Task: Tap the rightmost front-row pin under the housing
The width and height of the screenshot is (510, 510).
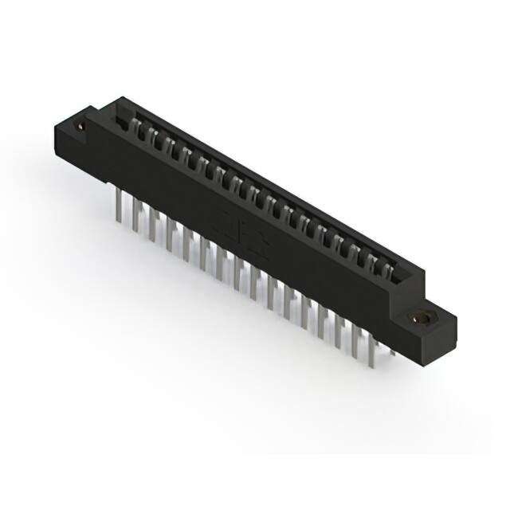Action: pos(373,339)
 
